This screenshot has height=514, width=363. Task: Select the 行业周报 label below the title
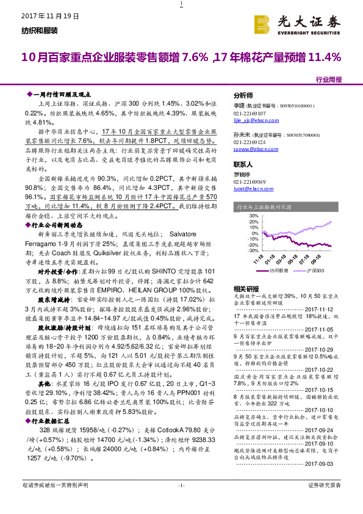click(x=329, y=79)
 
